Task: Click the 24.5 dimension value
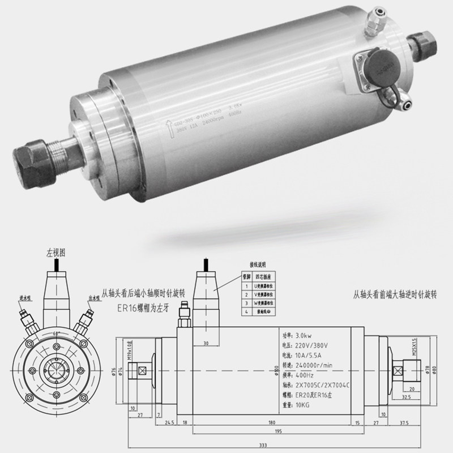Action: (169, 422)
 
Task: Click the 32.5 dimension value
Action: (405, 398)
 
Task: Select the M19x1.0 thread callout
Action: (129, 349)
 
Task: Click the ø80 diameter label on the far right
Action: (435, 371)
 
